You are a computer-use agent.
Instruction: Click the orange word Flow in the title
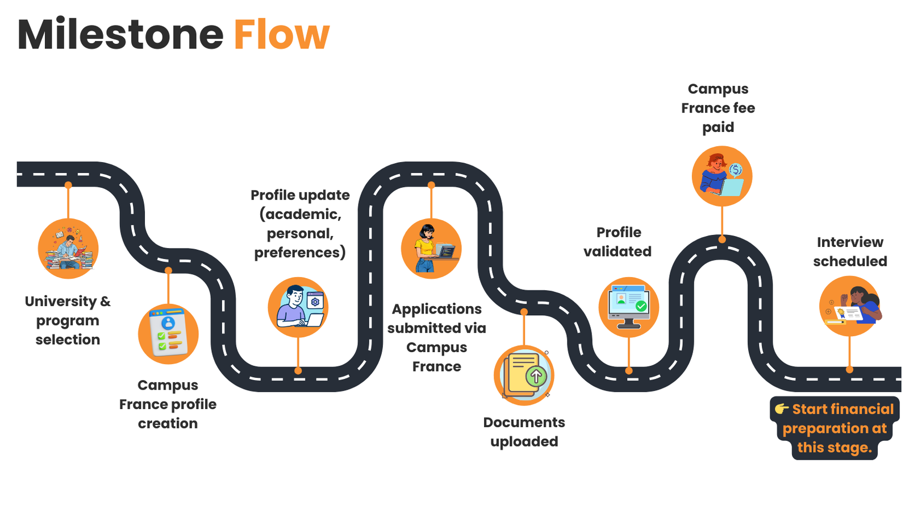[x=281, y=35]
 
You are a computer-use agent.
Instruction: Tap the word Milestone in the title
[x=120, y=35]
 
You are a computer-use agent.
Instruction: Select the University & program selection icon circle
[x=68, y=249]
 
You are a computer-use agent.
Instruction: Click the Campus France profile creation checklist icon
[x=168, y=334]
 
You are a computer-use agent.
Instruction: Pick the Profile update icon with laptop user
[x=298, y=307]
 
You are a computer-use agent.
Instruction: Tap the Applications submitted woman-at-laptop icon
[x=431, y=249]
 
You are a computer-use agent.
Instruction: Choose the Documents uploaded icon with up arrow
[x=524, y=375]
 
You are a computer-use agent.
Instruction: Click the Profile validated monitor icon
[x=629, y=307]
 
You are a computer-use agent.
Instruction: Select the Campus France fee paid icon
[x=722, y=176]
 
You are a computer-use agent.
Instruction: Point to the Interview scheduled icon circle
[x=849, y=306]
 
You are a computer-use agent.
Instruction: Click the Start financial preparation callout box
[x=835, y=428]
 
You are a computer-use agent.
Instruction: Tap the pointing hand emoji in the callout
[x=782, y=409]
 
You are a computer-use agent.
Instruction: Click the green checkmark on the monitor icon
[x=641, y=306]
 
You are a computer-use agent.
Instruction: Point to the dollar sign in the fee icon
[x=736, y=170]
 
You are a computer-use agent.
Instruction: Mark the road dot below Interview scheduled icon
[x=849, y=370]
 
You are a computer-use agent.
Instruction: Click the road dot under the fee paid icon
[x=722, y=240]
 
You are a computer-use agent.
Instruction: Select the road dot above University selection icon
[x=68, y=185]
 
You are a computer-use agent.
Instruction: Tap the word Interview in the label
[x=850, y=242]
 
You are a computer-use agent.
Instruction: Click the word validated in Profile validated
[x=618, y=251]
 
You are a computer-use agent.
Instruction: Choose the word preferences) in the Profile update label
[x=300, y=253]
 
